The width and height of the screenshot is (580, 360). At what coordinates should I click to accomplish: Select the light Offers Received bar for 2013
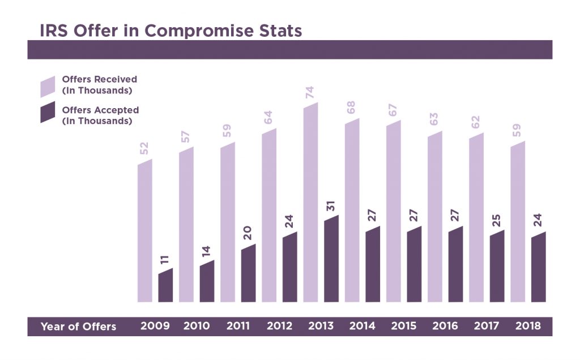pos(310,204)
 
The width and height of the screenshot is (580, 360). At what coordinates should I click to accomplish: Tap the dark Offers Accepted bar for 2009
pos(165,286)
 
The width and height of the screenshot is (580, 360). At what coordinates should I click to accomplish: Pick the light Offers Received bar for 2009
pos(145,232)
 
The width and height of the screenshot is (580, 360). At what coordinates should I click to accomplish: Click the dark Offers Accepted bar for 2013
pos(331,259)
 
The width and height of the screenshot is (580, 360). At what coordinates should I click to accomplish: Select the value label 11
pos(165,259)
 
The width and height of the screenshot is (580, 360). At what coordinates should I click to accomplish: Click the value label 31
pos(331,205)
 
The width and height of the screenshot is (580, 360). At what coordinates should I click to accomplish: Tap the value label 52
pos(144,149)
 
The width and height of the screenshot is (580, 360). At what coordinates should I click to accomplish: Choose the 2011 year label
pos(238,326)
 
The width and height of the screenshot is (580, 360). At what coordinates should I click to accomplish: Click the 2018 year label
pos(529,326)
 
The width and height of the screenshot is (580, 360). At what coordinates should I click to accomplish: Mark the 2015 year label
pos(404,326)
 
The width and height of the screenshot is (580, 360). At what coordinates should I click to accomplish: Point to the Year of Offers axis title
pos(78,327)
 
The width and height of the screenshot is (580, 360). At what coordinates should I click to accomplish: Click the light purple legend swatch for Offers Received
pos(48,86)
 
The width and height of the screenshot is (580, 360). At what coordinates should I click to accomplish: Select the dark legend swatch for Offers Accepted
pos(48,112)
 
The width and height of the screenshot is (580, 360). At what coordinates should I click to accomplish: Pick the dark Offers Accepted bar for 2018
pos(538,268)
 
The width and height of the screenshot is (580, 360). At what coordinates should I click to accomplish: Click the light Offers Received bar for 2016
pos(435,218)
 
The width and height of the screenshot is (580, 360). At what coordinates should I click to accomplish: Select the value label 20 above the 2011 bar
pos(248,234)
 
